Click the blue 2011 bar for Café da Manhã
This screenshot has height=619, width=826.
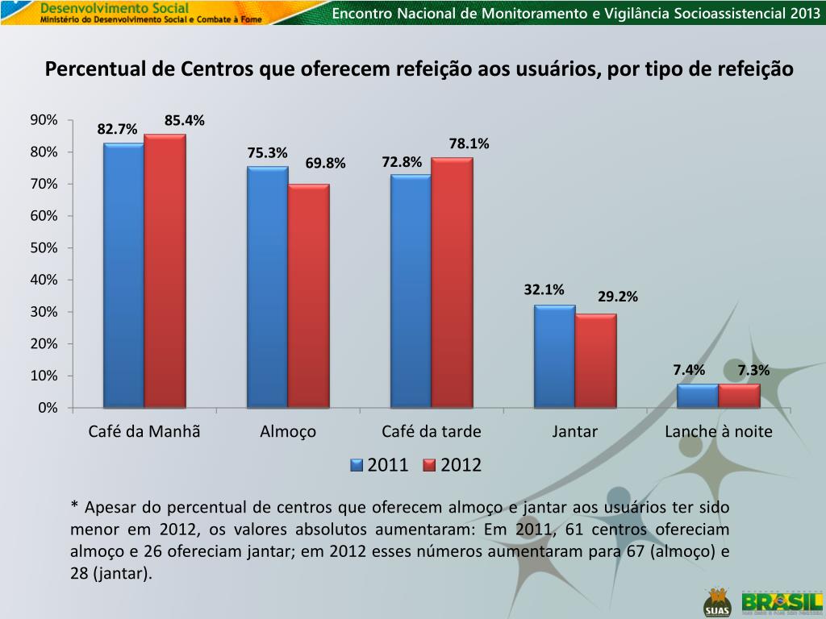tap(123, 275)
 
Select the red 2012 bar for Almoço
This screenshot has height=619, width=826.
tap(308, 296)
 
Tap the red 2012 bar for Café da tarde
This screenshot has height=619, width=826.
tap(452, 282)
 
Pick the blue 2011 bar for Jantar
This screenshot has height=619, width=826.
tap(554, 356)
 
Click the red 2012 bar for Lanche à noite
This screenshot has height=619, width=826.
tap(739, 396)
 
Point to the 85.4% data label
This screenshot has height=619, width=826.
tap(185, 121)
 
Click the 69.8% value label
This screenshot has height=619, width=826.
tap(325, 164)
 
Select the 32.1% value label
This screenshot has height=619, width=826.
tap(544, 289)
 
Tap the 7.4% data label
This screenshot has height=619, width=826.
tap(689, 370)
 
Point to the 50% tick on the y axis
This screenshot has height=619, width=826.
tap(44, 248)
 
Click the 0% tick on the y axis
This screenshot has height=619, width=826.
tap(48, 408)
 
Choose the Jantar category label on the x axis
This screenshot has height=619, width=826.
tap(575, 431)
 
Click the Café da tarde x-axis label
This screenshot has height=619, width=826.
tap(432, 431)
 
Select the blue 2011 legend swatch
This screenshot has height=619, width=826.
tap(356, 465)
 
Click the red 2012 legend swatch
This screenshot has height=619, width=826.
tap(429, 465)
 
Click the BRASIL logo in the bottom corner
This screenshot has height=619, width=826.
tap(782, 602)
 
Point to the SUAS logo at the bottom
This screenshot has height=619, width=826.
tap(716, 601)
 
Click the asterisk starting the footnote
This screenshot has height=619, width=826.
tap(74, 507)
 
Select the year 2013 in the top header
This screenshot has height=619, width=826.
tap(803, 13)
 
